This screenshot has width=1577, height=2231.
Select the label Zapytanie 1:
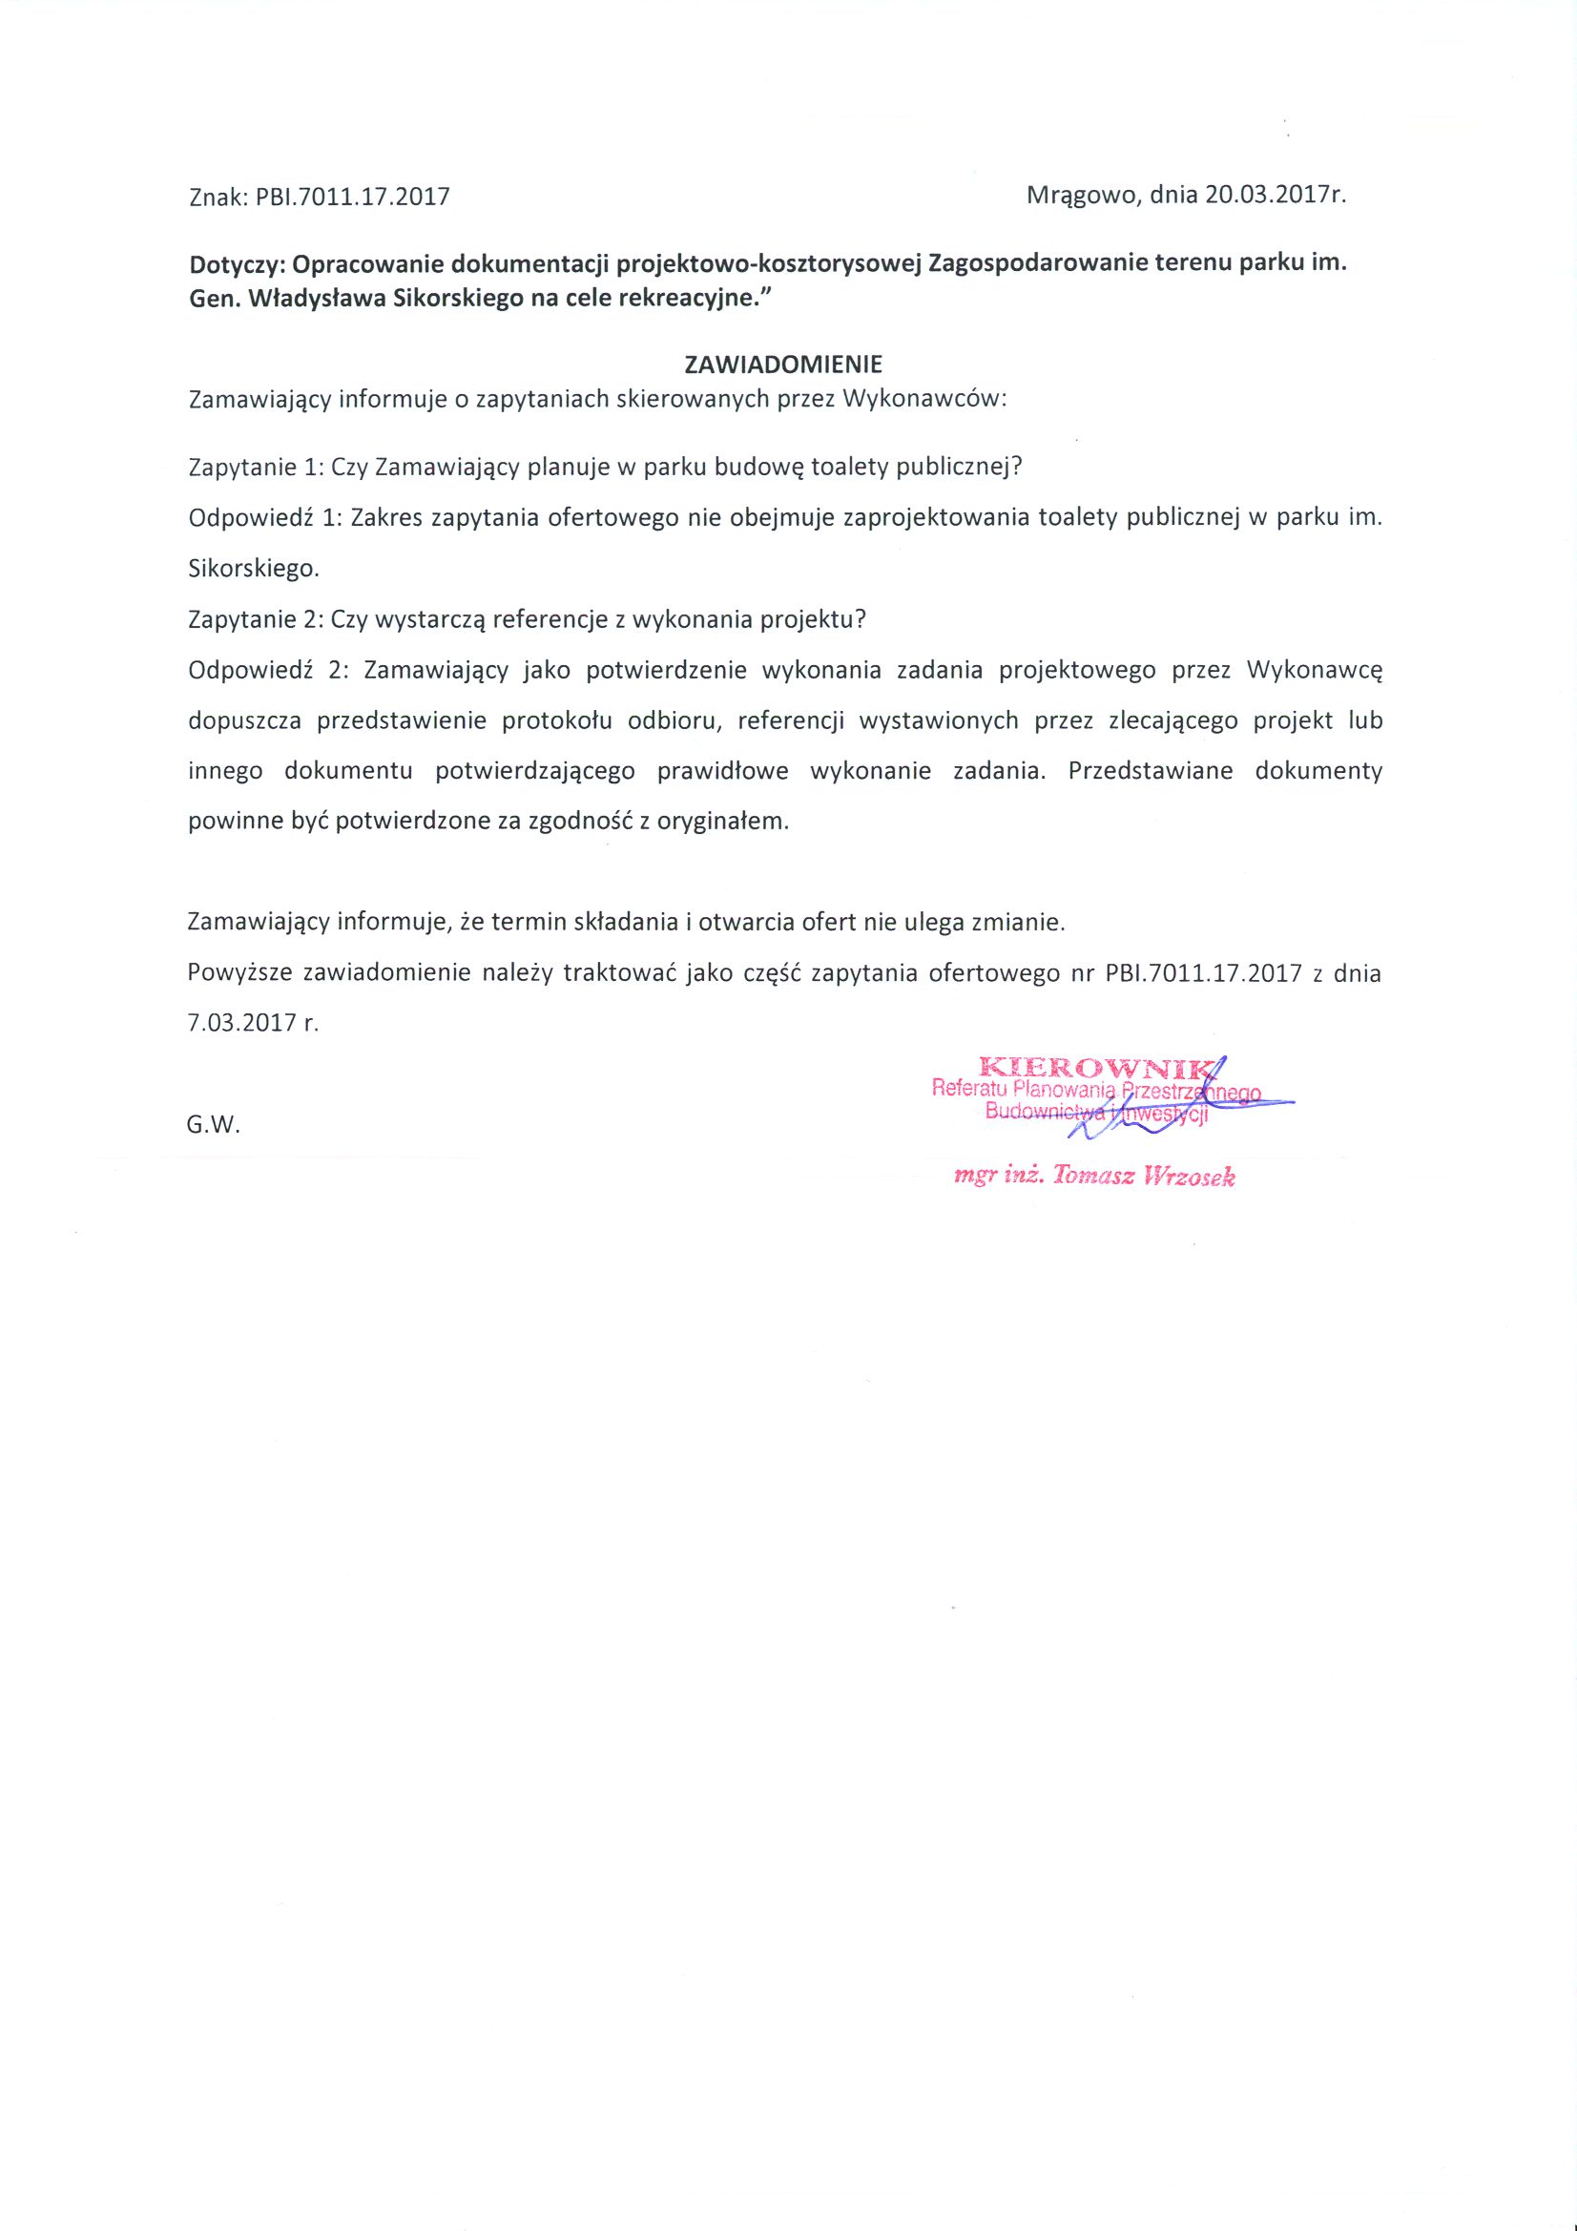(x=255, y=467)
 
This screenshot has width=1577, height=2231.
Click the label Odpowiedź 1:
(x=262, y=517)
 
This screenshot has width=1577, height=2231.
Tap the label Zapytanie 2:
(x=255, y=619)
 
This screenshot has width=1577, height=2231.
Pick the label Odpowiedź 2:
(x=262, y=670)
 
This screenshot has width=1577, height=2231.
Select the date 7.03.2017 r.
(x=253, y=1023)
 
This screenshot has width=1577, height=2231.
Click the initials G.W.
(x=213, y=1125)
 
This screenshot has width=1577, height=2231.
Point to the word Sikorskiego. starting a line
(x=253, y=569)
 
